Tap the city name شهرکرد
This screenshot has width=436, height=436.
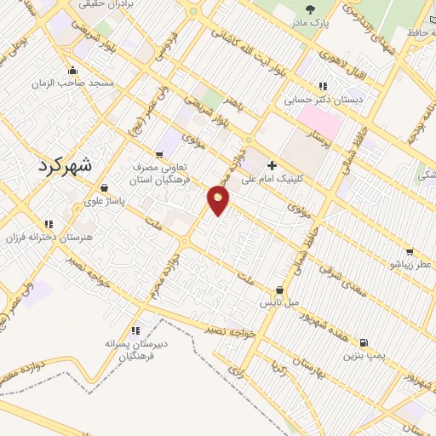click(x=70, y=166)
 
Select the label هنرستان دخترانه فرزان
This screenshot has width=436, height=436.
click(x=48, y=235)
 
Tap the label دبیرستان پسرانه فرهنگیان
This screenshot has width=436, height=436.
click(x=137, y=349)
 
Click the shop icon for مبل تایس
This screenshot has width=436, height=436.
click(x=279, y=290)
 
